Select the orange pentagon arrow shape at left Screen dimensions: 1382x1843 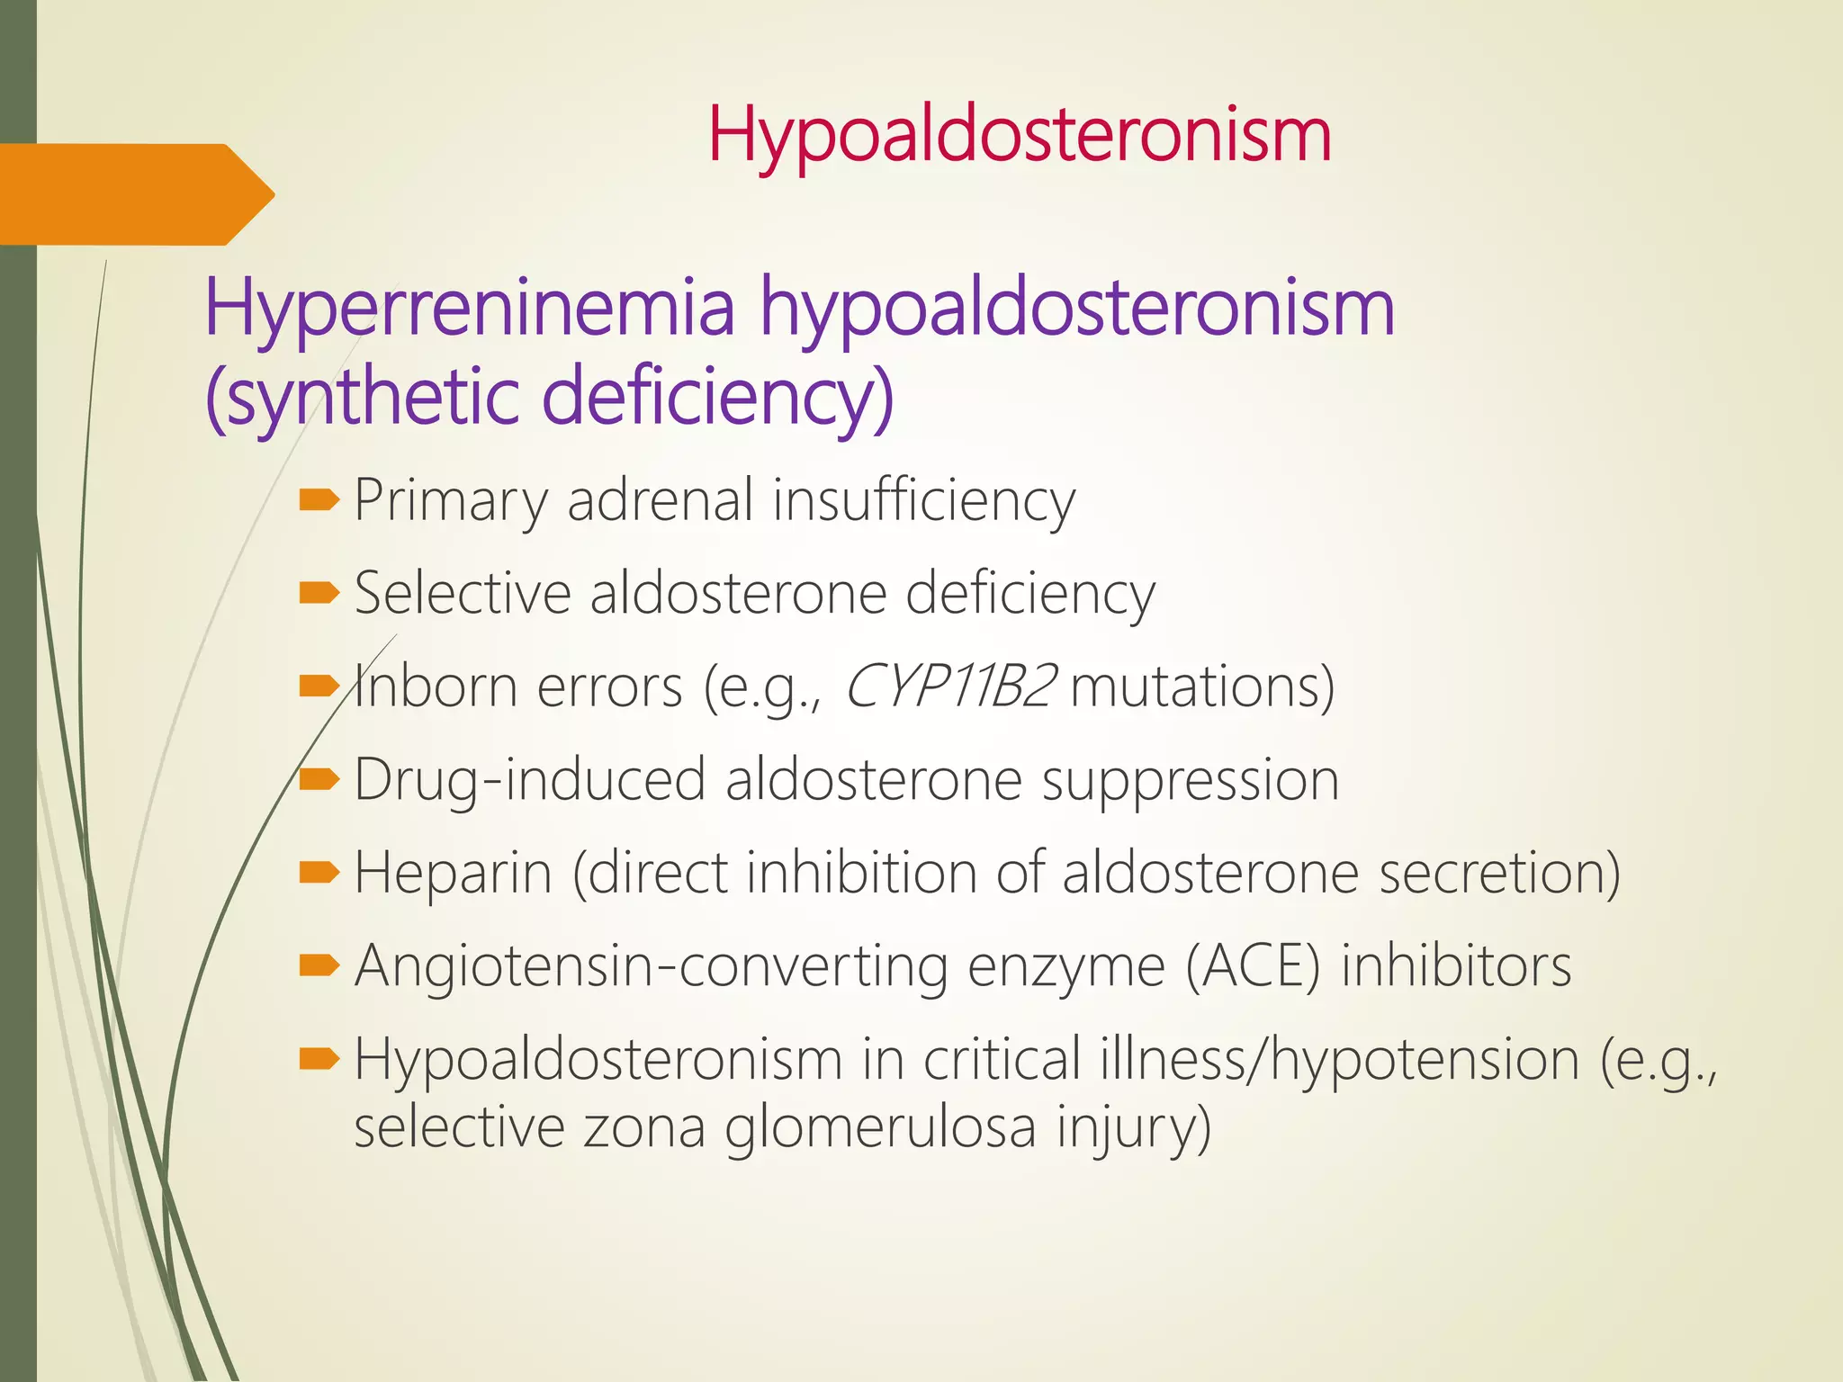click(x=135, y=194)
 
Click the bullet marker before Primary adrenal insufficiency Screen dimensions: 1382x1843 click(x=318, y=499)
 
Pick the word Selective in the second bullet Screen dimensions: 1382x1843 click(x=463, y=595)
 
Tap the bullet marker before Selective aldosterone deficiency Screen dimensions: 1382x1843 click(x=318, y=593)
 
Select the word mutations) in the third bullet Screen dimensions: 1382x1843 click(x=1202, y=687)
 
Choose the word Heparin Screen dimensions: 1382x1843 click(x=453, y=874)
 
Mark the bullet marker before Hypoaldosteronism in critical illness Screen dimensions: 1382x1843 click(x=318, y=1059)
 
